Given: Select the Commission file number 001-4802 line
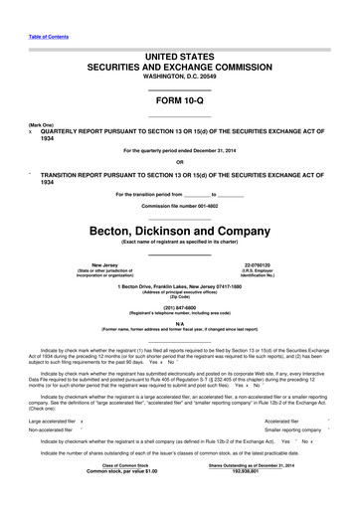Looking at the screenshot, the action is point(179,205).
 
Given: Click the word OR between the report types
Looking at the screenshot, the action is point(179,163).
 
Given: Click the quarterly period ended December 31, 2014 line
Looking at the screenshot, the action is point(179,150).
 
